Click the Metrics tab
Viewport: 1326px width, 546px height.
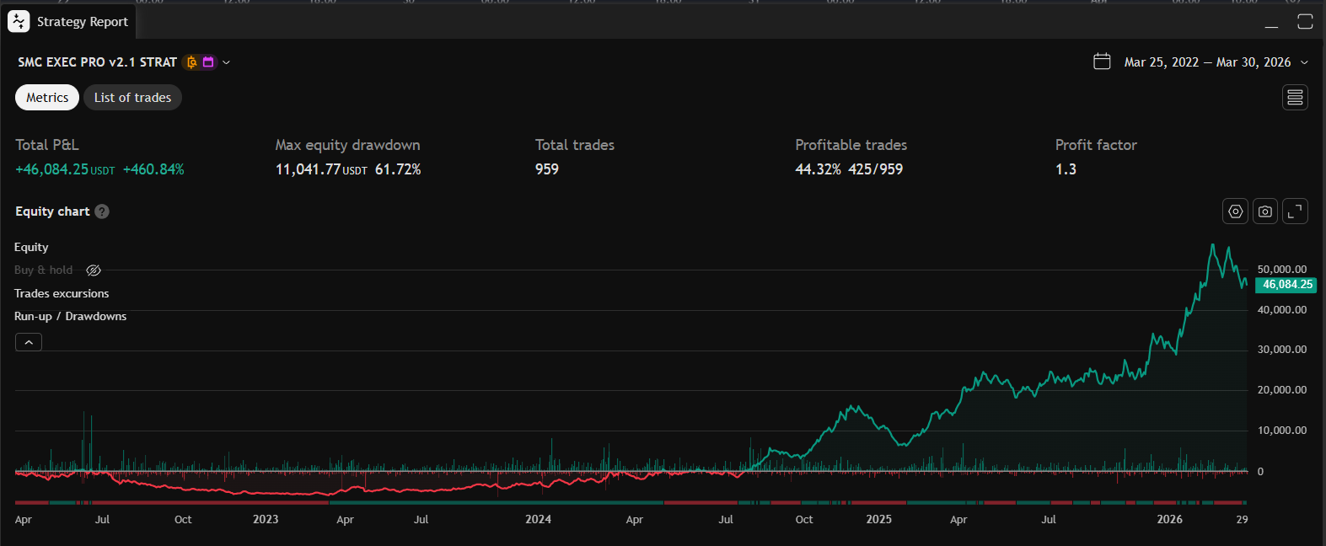click(47, 98)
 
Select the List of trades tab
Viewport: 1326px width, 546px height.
click(132, 98)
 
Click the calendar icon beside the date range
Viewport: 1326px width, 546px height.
click(1102, 62)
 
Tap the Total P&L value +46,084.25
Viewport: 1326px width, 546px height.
click(52, 169)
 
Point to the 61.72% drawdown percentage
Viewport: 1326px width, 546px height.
click(398, 169)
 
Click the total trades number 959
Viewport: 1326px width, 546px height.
click(547, 169)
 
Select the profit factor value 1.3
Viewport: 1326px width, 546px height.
click(1066, 169)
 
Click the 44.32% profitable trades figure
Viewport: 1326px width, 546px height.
click(818, 169)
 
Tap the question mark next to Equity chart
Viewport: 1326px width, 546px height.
click(102, 211)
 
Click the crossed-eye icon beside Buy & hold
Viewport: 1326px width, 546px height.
click(94, 270)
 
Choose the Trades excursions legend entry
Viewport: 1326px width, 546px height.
click(62, 293)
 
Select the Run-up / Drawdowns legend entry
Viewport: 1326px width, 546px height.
click(70, 316)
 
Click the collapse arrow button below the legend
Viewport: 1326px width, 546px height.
click(29, 342)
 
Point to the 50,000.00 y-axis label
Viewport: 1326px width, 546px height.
click(1281, 270)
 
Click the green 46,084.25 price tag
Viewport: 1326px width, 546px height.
click(1286, 285)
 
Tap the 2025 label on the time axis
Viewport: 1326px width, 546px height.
click(878, 519)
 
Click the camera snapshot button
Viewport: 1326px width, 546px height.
click(1265, 211)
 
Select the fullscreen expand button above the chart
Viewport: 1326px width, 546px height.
click(1295, 211)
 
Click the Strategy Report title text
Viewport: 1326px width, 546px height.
click(83, 22)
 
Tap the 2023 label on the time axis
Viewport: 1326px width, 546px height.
click(266, 519)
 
